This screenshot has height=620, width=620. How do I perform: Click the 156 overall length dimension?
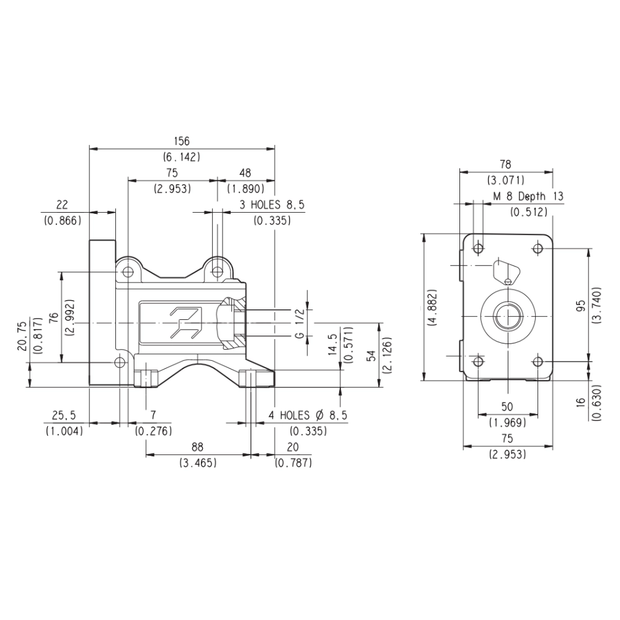(182, 141)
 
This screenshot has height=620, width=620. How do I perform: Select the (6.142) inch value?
(182, 157)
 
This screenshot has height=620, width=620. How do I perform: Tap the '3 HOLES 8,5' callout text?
(272, 205)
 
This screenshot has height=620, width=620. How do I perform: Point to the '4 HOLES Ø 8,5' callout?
(308, 415)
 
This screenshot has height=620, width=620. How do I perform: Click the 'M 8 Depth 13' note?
(528, 196)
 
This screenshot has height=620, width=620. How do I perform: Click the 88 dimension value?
(197, 447)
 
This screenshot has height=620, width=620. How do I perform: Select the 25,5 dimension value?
(64, 415)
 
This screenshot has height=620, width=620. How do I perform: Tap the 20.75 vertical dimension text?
(22, 336)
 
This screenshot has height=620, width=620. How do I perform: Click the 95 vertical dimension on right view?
(580, 305)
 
